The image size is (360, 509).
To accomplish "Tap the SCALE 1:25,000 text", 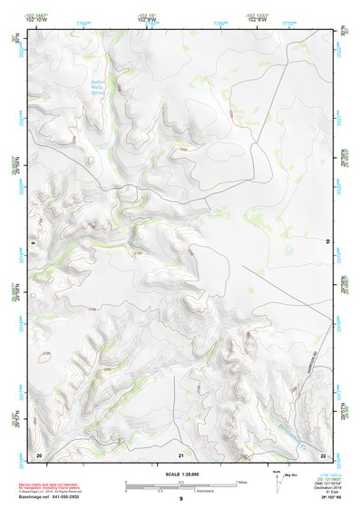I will pyautogui.click(x=180, y=474).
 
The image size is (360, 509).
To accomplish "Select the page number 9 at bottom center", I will pyautogui.click(x=180, y=499).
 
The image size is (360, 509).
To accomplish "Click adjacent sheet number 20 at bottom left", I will pyautogui.click(x=38, y=454).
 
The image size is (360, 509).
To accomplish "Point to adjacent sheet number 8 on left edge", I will pyautogui.click(x=31, y=243).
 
